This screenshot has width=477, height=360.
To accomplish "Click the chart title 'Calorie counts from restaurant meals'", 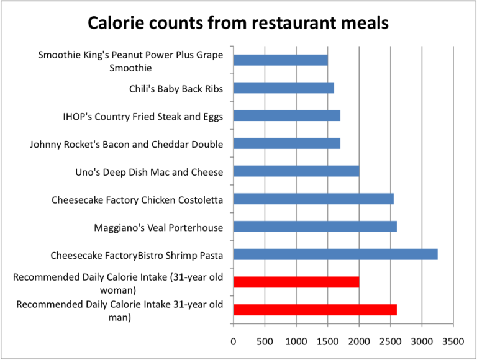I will [x=238, y=23].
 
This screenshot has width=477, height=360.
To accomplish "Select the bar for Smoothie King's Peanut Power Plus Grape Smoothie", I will [x=280, y=60].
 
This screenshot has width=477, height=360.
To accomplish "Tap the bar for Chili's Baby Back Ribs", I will [x=283, y=88].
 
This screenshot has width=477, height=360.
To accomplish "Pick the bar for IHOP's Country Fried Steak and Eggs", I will [x=286, y=115].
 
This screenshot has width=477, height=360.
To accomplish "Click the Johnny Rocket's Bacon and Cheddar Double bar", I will [x=286, y=144].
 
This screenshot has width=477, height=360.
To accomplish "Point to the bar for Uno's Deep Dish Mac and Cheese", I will [x=296, y=171].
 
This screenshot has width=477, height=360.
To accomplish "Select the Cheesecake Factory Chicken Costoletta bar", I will [x=313, y=199].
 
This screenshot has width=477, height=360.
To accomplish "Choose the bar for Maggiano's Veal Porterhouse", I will [x=315, y=227].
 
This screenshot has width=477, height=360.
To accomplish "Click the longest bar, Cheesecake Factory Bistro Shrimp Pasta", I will [x=335, y=254].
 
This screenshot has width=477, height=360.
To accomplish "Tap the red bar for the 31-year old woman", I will [x=296, y=282].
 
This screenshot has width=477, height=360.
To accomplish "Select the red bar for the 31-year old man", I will [x=315, y=310].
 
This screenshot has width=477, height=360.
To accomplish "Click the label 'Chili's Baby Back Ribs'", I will [x=176, y=88].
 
